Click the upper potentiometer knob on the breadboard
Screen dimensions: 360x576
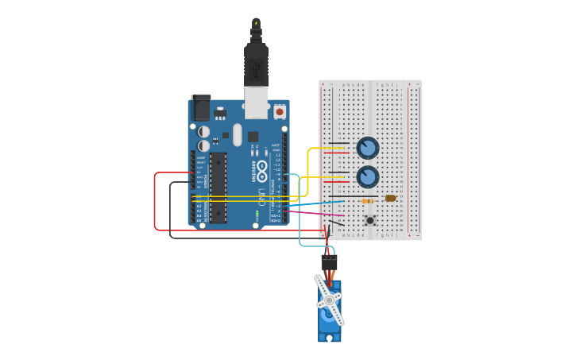pos(367,148)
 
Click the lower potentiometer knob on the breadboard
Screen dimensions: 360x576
pos(367,176)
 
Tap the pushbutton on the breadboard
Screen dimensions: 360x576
pos(369,220)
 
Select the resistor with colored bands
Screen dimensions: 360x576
pos(369,201)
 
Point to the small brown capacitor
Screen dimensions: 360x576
pos(390,198)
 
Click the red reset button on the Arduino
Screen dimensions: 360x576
pos(279,113)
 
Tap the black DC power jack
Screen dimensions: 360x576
pos(200,107)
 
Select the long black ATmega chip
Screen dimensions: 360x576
pos(217,188)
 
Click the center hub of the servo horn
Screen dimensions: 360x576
pos(330,300)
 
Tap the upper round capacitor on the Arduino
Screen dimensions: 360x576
pos(204,131)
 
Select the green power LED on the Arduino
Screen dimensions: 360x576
pos(257,215)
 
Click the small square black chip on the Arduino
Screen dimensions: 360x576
pos(253,136)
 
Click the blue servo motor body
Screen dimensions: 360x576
pos(328,318)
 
